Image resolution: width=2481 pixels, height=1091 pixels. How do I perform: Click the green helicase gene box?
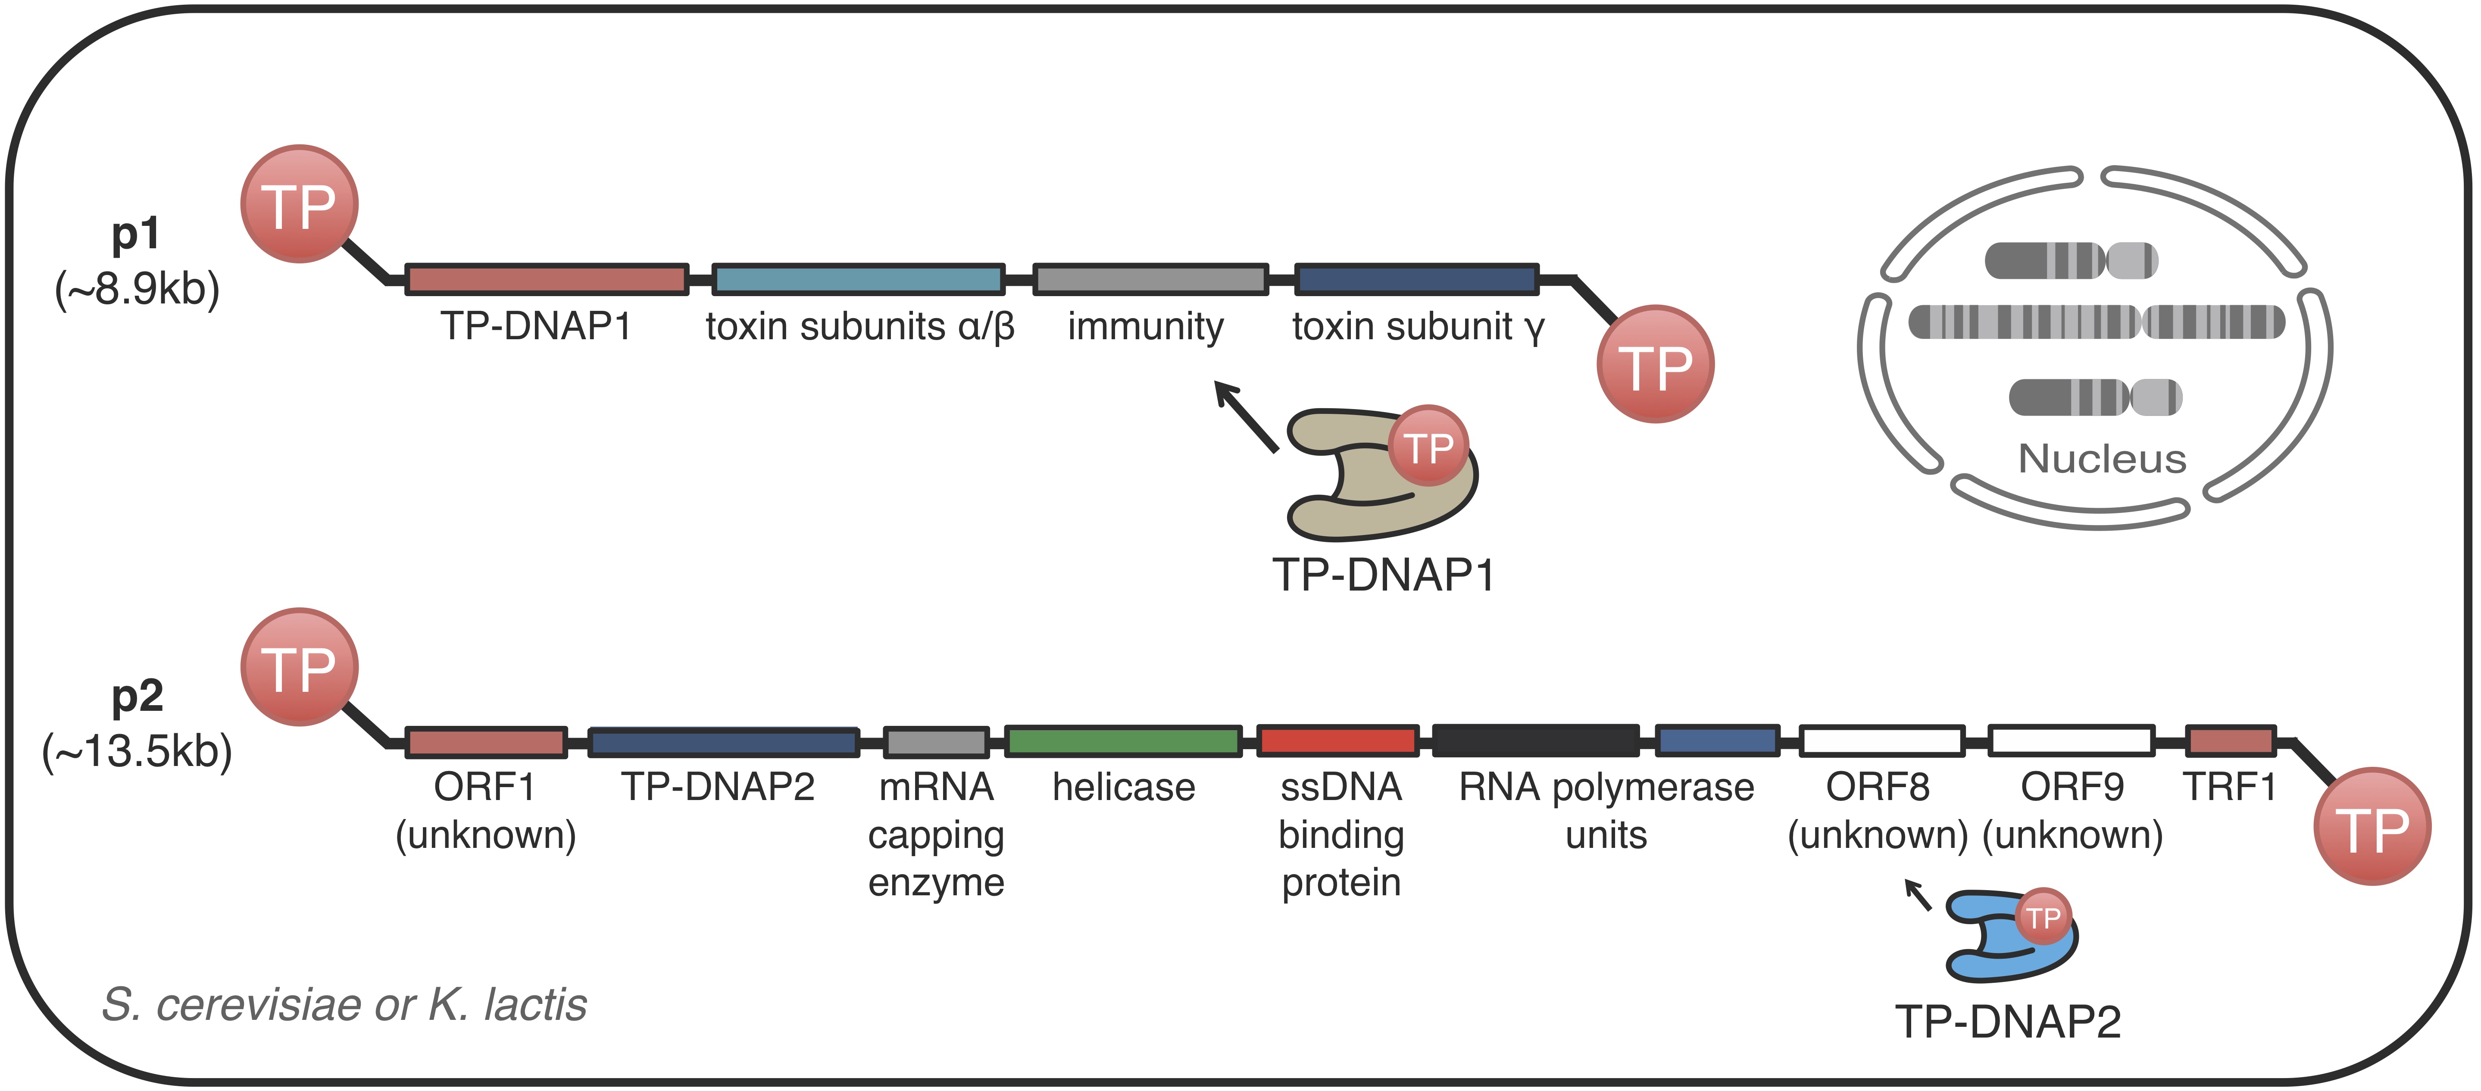[1123, 741]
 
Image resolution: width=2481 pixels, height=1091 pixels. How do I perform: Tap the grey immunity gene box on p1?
[1150, 279]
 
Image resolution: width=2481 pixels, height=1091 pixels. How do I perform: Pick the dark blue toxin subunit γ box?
[1416, 279]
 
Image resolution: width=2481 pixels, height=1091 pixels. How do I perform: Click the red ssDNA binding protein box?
[1338, 741]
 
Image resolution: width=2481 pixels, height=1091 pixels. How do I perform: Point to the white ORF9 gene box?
[2071, 741]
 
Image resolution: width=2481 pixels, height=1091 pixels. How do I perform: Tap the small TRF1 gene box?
[2231, 741]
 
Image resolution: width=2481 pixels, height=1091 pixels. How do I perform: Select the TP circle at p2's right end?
[2372, 826]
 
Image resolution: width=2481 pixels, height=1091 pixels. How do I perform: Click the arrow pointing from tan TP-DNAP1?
[1245, 416]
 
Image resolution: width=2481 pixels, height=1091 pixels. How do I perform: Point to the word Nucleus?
[2102, 460]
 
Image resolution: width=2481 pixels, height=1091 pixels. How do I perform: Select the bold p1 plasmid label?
[136, 234]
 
